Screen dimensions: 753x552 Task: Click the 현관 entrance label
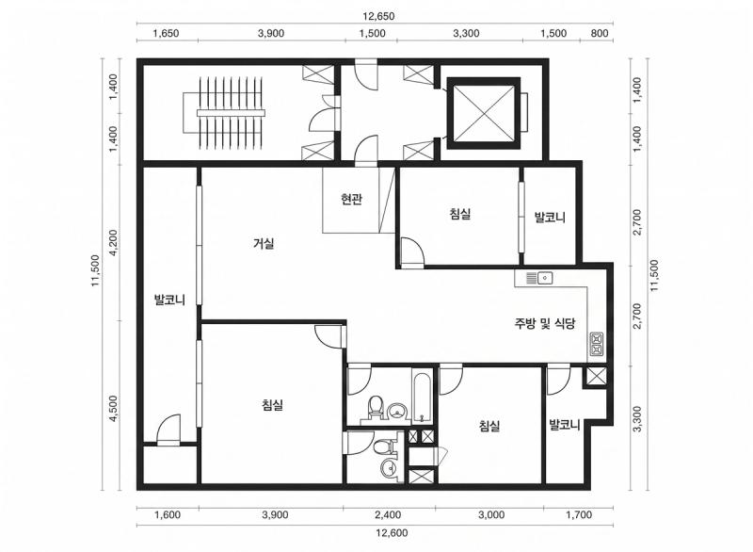351,199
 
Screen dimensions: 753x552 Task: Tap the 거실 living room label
264,244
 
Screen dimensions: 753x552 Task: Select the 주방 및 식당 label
545,323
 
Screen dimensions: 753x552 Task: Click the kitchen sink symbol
539,277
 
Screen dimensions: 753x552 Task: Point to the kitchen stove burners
597,344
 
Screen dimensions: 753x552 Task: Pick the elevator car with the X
484,113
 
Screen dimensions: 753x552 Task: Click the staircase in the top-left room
224,112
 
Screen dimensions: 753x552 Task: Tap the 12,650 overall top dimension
378,16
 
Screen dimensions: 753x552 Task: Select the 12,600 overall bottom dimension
392,533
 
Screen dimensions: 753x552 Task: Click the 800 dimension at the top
600,33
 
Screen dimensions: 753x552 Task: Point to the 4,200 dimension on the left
114,243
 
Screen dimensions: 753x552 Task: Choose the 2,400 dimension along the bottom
388,515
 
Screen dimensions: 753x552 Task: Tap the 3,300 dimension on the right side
638,419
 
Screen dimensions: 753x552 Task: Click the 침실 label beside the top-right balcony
460,214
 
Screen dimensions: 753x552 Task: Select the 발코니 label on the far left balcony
169,300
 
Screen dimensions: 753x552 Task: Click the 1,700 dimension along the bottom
579,515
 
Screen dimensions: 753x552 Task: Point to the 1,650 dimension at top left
166,33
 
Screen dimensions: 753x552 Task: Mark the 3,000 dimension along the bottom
491,515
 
